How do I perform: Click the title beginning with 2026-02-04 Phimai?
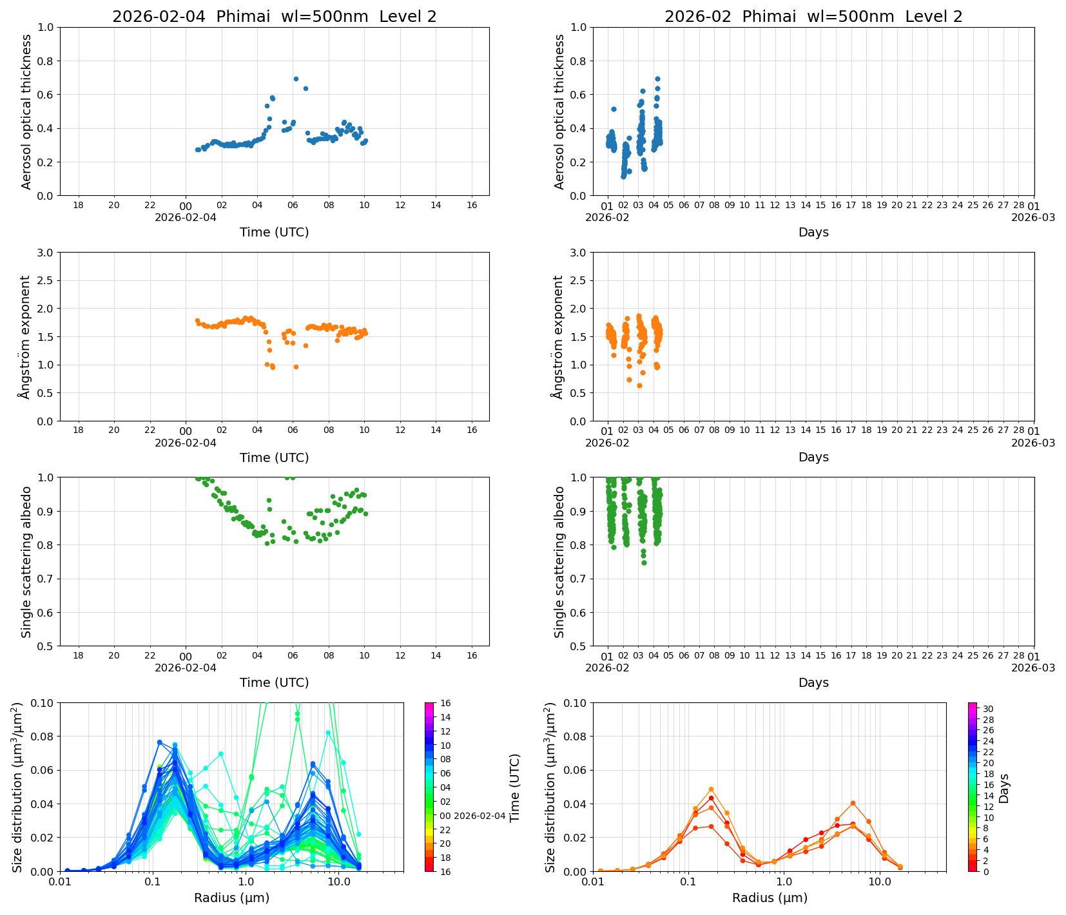[x=274, y=17]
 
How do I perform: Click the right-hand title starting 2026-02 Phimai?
[x=813, y=17]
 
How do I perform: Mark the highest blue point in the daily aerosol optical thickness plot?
[x=296, y=79]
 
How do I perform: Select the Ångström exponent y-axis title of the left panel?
[x=25, y=336]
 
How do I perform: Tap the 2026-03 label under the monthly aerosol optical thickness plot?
[x=1033, y=217]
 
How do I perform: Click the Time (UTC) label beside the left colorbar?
[x=514, y=787]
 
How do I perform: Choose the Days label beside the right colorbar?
[x=1003, y=787]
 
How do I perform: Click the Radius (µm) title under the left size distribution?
[x=231, y=898]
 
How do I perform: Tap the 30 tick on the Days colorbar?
[x=988, y=709]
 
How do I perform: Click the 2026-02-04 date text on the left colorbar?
[x=480, y=816]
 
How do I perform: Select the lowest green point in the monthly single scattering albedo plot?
[x=643, y=563]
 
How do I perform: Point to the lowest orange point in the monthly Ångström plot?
[x=639, y=385]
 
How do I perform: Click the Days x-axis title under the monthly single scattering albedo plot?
[x=813, y=682]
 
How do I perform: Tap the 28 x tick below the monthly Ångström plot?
[x=1018, y=430]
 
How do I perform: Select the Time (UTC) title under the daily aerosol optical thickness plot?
[x=274, y=232]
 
